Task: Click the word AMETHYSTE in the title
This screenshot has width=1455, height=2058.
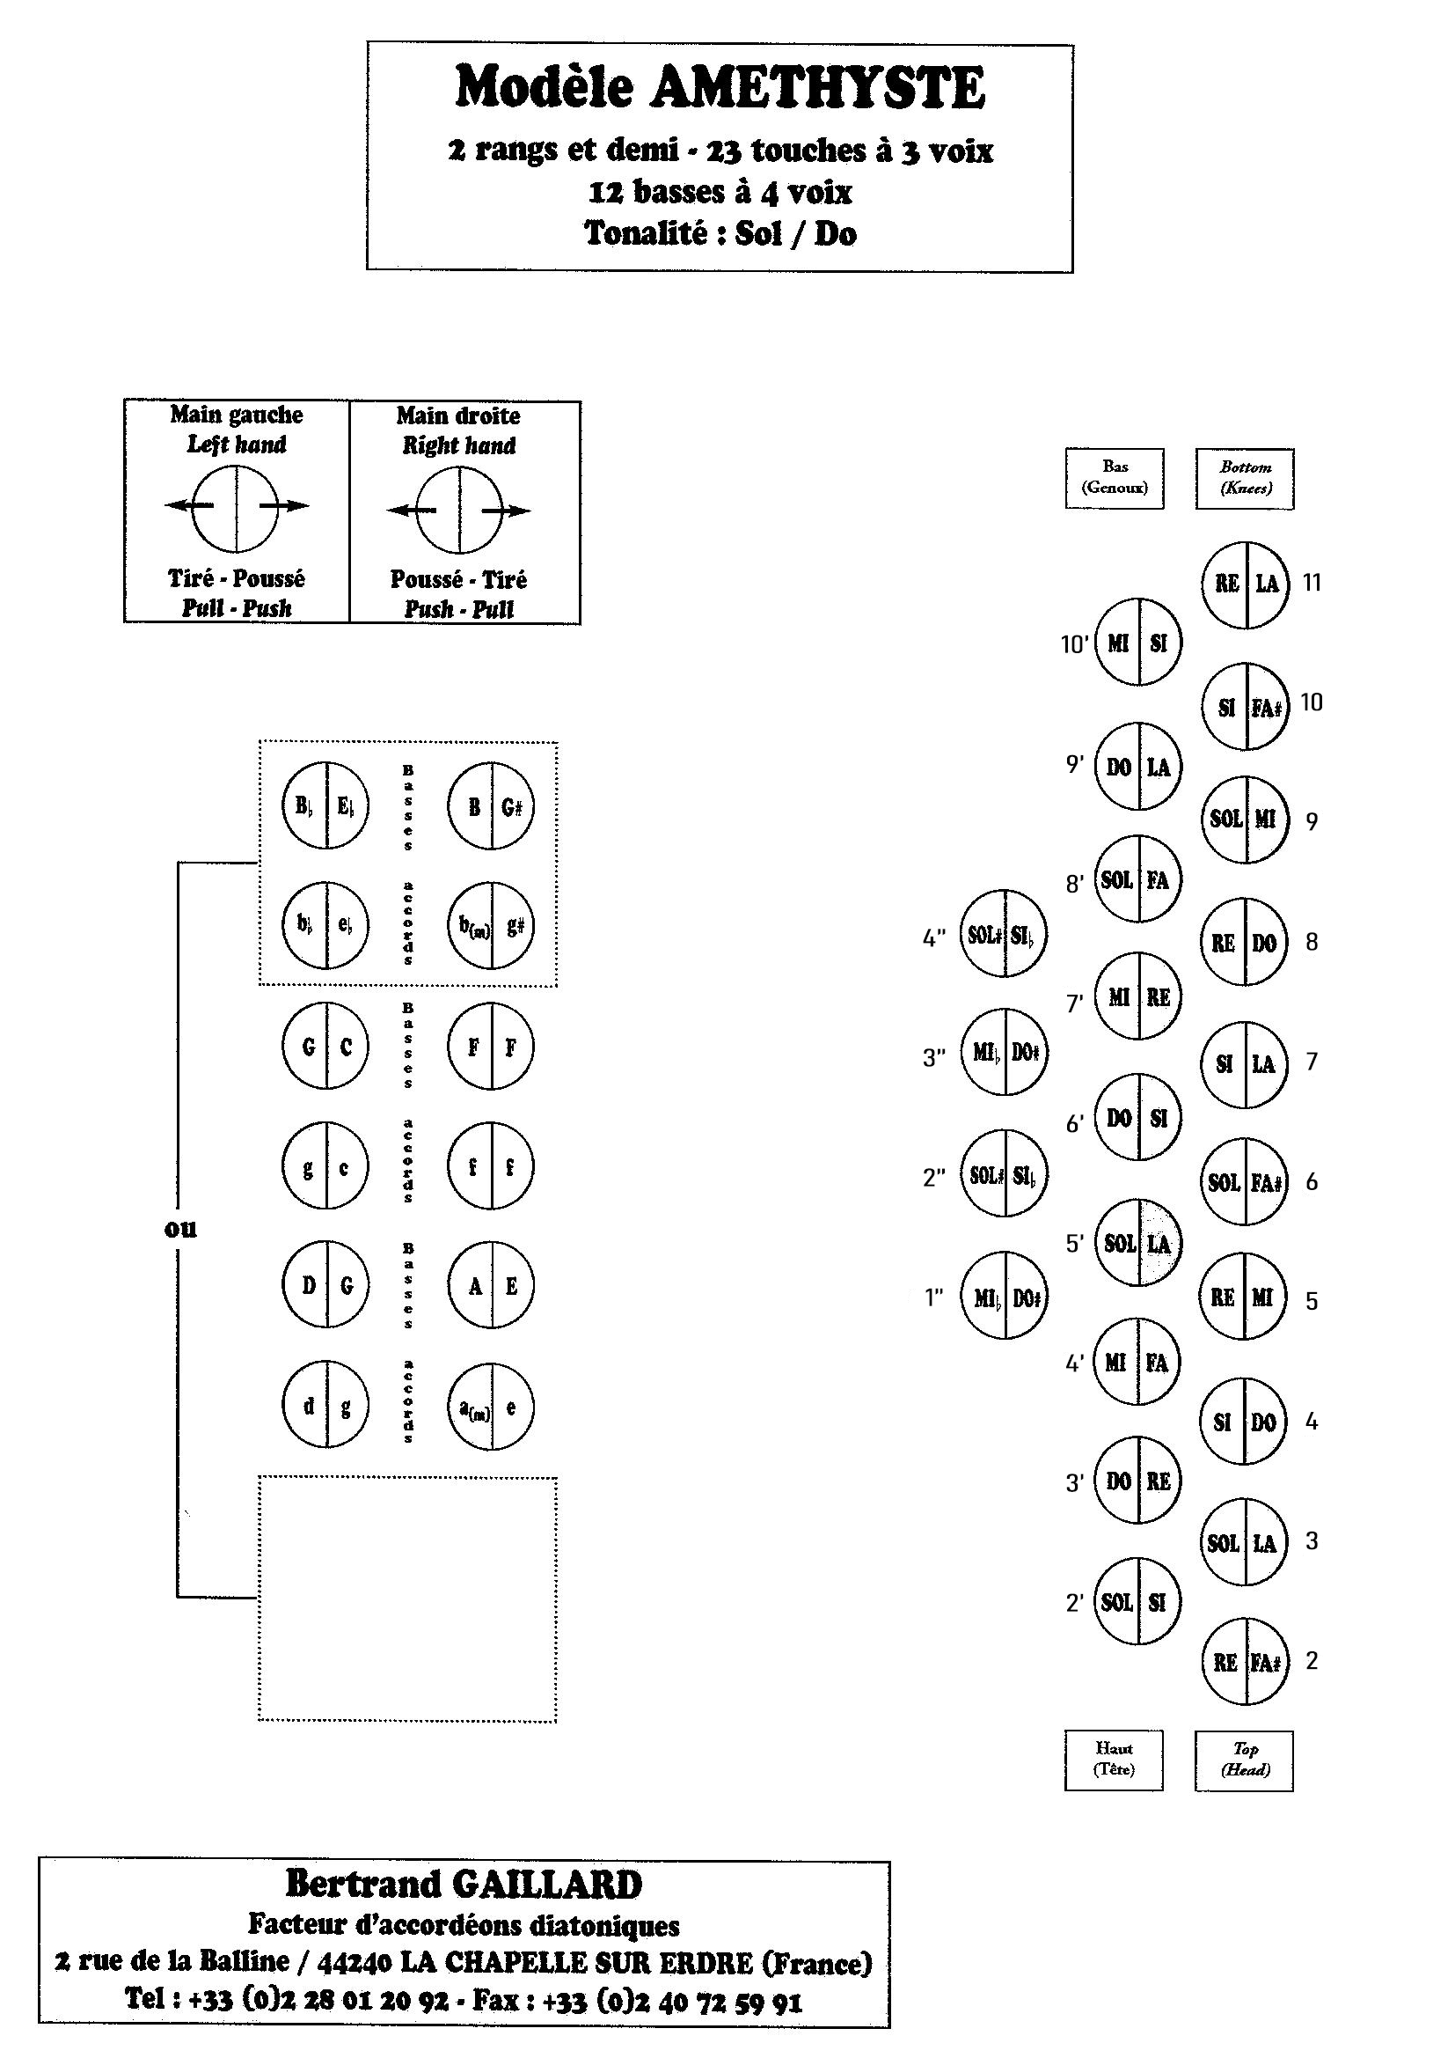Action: (819, 89)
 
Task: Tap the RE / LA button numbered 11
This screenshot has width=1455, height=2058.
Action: (1246, 584)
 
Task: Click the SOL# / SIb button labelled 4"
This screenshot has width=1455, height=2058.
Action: (1003, 934)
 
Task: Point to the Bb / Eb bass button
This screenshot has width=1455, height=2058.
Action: (325, 805)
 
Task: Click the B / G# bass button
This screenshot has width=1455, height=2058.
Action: (491, 805)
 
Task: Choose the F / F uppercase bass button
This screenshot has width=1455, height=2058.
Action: (491, 1046)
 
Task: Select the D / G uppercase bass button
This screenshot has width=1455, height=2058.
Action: (325, 1285)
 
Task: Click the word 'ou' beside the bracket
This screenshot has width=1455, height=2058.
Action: (180, 1228)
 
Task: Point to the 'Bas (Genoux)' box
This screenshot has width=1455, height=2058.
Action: (1115, 478)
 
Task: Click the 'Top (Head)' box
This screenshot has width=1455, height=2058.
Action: (1244, 1759)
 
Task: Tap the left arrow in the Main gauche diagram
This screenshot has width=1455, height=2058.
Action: (188, 505)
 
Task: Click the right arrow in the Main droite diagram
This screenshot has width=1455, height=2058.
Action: (507, 511)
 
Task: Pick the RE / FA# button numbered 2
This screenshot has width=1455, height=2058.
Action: (1246, 1663)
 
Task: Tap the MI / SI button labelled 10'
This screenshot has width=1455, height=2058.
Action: (1137, 642)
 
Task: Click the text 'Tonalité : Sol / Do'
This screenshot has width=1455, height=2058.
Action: (720, 233)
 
